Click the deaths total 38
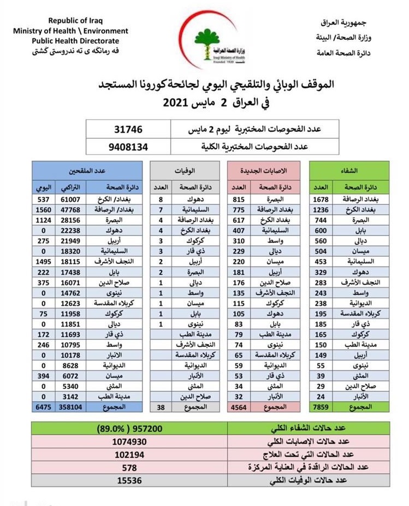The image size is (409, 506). [x=160, y=407]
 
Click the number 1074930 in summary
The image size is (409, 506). [x=129, y=442]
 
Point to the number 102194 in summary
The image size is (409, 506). [x=129, y=455]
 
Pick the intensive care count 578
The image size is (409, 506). [x=129, y=468]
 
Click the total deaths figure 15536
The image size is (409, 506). [x=129, y=481]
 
